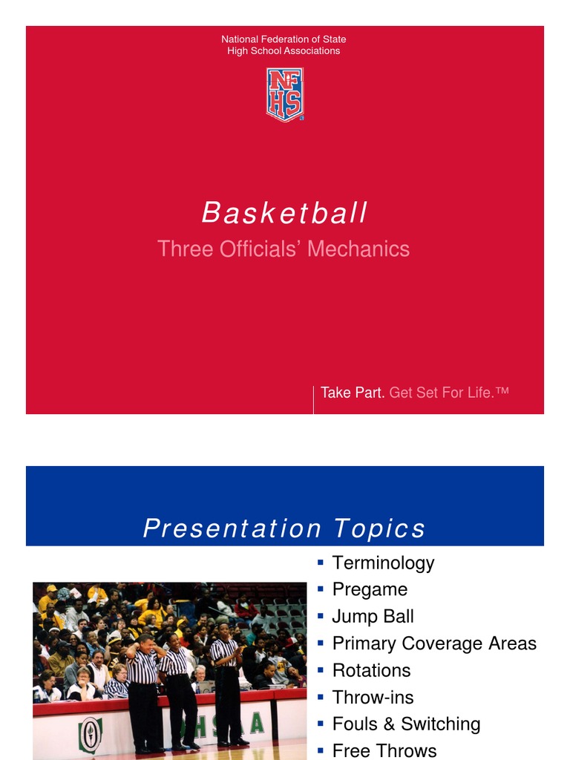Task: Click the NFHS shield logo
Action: (285, 94)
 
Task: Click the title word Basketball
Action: (285, 214)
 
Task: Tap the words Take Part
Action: (352, 393)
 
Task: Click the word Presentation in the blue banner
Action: (232, 528)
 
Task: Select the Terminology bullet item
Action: (383, 563)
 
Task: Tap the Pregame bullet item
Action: (370, 589)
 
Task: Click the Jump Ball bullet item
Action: (373, 617)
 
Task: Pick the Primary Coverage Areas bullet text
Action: (434, 643)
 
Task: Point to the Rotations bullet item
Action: (371, 670)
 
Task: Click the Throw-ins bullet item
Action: (373, 698)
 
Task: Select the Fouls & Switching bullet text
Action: (406, 724)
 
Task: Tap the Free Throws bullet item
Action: (384, 750)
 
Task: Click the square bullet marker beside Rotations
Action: (321, 671)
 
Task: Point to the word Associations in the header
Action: (306, 51)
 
